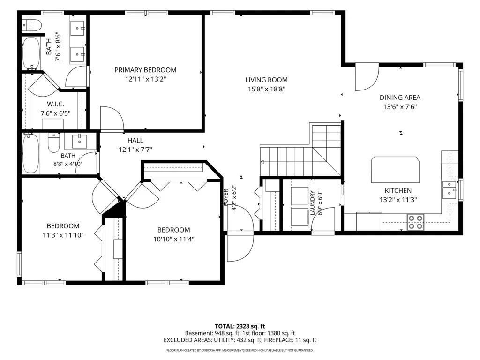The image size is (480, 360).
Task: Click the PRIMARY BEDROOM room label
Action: (145, 70)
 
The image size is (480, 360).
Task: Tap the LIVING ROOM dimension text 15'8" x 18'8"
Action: (267, 89)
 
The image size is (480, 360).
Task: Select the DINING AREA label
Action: (400, 97)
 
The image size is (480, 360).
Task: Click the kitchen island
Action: (395, 170)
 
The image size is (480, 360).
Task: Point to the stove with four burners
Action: (415, 222)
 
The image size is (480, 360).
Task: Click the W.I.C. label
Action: (55, 104)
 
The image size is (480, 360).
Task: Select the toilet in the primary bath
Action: (31, 25)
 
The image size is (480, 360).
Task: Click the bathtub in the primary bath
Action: (31, 54)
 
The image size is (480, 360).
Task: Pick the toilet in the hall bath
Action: (54, 142)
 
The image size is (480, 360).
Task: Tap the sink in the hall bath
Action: (80, 141)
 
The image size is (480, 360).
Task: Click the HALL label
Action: (135, 141)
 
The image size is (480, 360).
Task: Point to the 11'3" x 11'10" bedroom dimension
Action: (63, 235)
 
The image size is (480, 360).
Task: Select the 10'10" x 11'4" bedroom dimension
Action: (173, 239)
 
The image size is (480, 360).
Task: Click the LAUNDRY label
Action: (313, 202)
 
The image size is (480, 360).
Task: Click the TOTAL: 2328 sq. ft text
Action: (240, 326)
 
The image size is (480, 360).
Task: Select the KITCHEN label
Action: (398, 190)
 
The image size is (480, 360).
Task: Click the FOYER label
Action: (226, 197)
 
